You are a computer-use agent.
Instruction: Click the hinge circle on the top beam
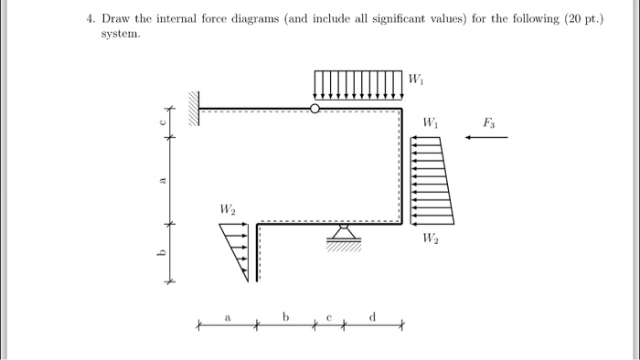click(315, 109)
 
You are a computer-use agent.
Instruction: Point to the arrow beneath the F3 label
click(485, 138)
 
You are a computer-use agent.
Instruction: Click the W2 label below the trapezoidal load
click(430, 239)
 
